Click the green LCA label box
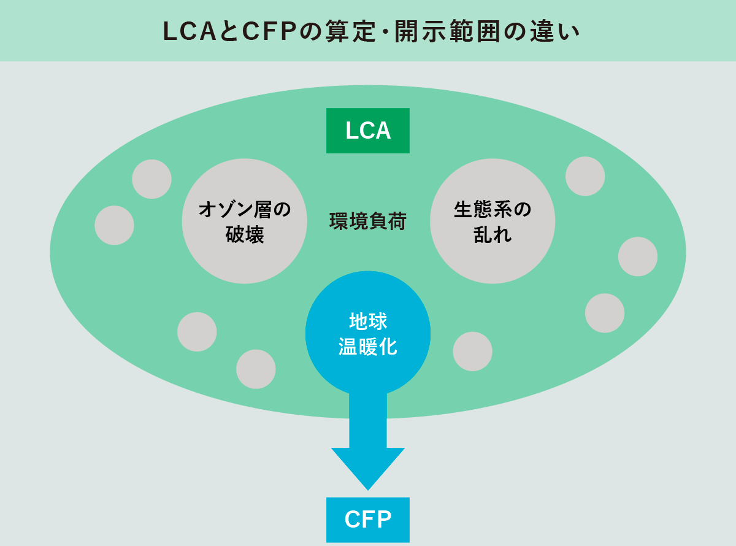368,131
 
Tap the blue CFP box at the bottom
368,520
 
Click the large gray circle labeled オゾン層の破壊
245,221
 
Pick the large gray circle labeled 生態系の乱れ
493,221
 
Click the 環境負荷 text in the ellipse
368,221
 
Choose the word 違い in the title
560,32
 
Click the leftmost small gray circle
114,225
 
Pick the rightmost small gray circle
638,256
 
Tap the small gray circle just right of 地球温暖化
472,351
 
